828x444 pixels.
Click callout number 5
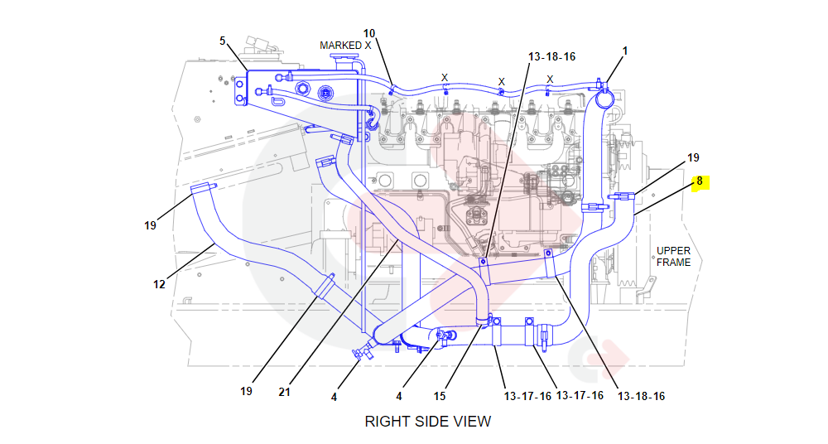[222, 41]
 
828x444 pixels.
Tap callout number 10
[369, 34]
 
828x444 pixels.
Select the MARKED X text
[345, 46]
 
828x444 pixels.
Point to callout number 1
[625, 51]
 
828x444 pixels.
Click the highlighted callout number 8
[700, 181]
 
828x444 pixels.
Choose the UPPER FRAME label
[673, 256]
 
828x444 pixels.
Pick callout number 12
[160, 284]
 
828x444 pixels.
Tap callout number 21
[285, 392]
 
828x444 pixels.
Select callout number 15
[440, 396]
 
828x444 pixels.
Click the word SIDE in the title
[428, 422]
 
